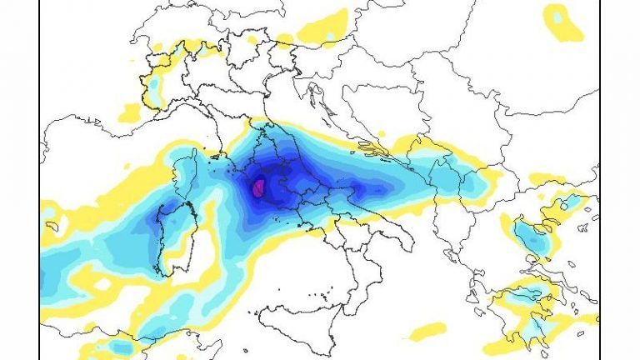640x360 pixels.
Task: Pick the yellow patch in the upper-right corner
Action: pos(563,21)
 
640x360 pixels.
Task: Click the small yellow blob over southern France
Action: pos(131,111)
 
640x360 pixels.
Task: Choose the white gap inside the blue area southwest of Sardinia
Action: pos(102,283)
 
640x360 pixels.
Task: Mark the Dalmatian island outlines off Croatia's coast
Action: pos(367,150)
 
